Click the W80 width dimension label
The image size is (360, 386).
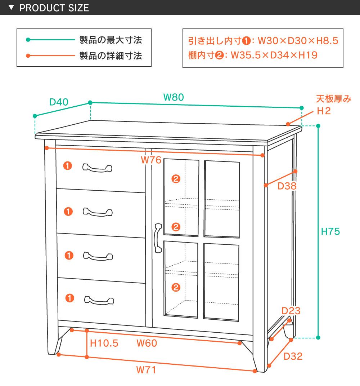174,97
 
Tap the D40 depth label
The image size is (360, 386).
59,102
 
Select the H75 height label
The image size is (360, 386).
330,231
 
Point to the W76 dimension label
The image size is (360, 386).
151,160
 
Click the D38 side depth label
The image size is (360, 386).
287,186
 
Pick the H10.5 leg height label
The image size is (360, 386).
104,343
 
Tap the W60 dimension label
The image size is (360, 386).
147,343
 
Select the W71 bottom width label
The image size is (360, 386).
146,370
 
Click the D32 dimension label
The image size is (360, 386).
293,356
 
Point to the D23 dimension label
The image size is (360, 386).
291,311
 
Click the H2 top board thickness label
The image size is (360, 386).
324,111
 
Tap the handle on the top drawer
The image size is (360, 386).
97,168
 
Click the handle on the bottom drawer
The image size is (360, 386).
99,300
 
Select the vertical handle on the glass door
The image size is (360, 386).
157,238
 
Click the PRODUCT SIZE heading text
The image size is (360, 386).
54,8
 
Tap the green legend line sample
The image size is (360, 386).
51,40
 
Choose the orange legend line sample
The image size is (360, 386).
51,56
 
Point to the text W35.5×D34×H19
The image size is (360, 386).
274,55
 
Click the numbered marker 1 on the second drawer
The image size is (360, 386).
68,211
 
